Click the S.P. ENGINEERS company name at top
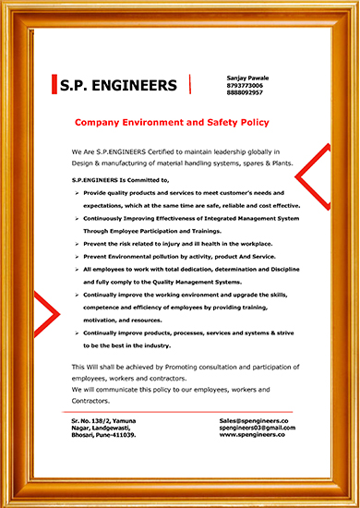coord(116,86)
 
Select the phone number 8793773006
coord(244,86)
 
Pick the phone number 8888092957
coord(244,93)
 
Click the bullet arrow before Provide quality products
coord(76,190)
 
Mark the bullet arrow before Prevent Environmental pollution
coord(76,255)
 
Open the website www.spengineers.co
coord(252,434)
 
